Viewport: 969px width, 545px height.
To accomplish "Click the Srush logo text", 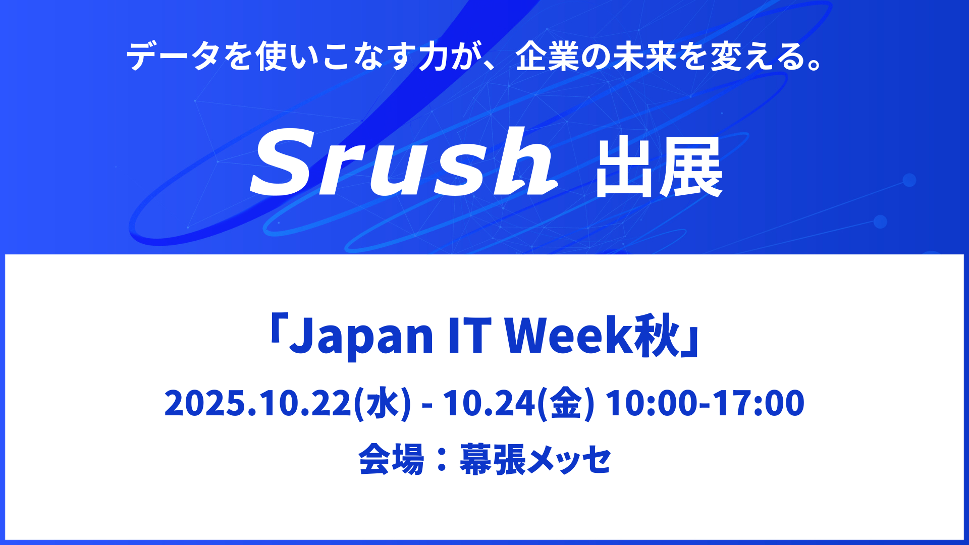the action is (x=404, y=161).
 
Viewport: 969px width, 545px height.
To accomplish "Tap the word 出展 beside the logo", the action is (x=659, y=168).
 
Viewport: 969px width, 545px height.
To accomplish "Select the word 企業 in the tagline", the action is (x=547, y=56).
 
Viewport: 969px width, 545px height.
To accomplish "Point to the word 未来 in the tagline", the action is (x=644, y=56).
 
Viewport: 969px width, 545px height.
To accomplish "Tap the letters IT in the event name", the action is (x=469, y=335).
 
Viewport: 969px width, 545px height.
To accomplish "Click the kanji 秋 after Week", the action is (x=658, y=335).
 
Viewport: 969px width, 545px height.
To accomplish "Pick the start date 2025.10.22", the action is (x=258, y=403).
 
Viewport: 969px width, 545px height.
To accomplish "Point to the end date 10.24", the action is (x=489, y=403).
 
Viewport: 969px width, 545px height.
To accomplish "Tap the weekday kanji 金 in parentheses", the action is (x=566, y=403).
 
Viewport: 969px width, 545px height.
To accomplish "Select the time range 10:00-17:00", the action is (x=705, y=403).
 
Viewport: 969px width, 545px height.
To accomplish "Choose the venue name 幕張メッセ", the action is (x=535, y=459).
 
